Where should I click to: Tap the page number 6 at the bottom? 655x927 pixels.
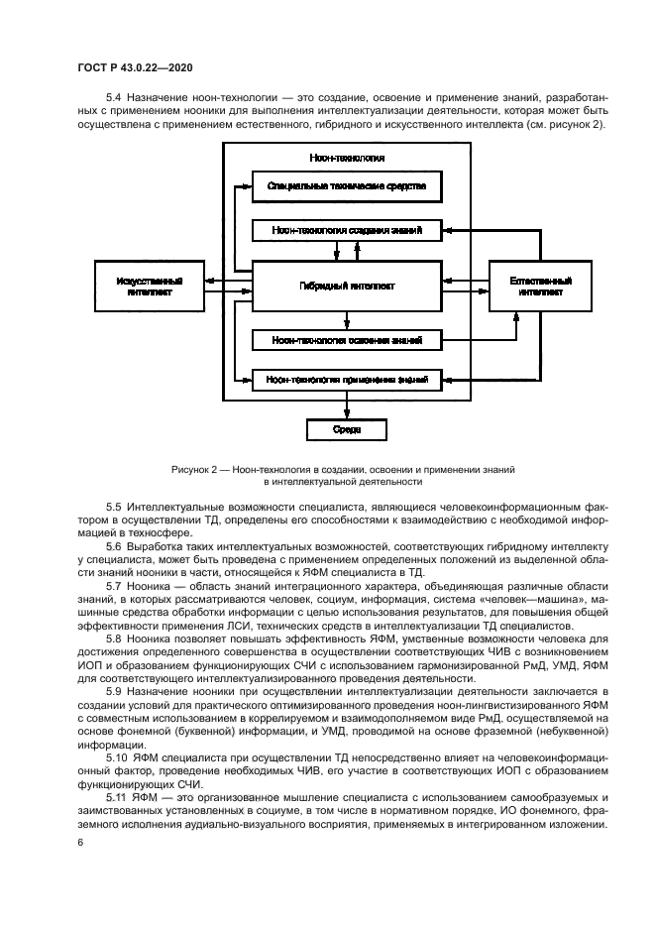[x=80, y=842]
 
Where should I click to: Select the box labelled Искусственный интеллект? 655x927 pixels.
[x=149, y=287]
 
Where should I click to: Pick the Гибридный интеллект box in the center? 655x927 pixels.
[x=347, y=287]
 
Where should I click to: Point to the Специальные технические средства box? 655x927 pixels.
[x=347, y=186]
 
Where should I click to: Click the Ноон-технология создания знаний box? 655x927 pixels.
[x=347, y=230]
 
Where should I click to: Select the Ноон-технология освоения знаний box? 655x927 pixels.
[x=347, y=340]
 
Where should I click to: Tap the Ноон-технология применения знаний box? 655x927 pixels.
[x=347, y=379]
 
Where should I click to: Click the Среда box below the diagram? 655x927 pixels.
[x=347, y=429]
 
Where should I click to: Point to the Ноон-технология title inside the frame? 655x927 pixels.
[x=347, y=158]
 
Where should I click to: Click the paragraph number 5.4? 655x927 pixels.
[x=114, y=99]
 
